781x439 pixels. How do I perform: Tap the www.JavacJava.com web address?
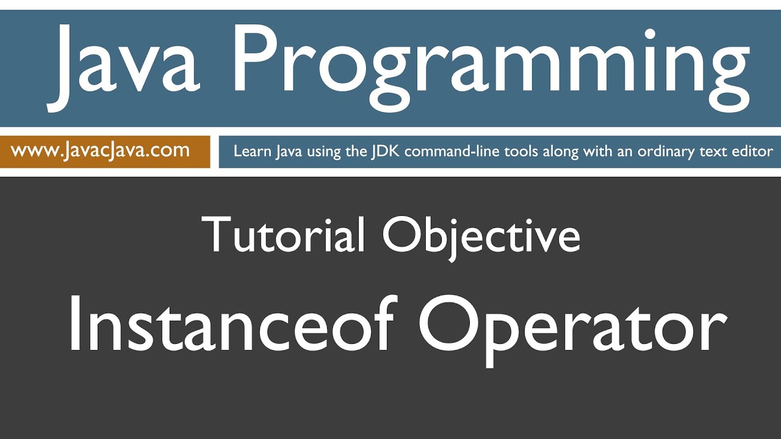pos(100,151)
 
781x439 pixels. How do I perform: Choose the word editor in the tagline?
pos(754,151)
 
